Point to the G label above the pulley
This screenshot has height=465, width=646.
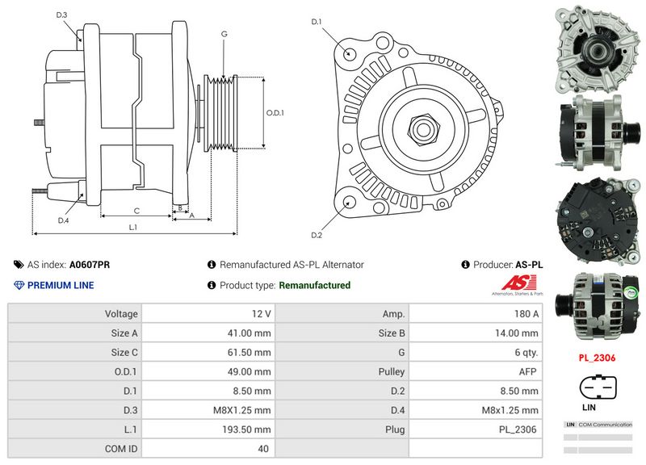[x=224, y=34]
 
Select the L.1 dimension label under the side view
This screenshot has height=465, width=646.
[x=132, y=228]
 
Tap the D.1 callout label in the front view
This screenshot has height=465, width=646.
[x=317, y=21]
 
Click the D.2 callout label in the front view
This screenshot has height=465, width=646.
[x=317, y=235]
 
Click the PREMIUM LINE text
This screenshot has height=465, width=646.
[x=61, y=285]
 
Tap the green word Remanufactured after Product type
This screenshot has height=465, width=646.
[x=314, y=285]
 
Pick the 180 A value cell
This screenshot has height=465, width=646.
[x=525, y=313]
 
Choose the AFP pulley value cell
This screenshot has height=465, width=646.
[x=528, y=371]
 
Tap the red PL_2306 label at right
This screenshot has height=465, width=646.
[x=598, y=356]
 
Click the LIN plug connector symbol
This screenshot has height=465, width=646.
[x=598, y=389]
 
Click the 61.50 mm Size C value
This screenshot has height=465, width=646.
[x=248, y=352]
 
